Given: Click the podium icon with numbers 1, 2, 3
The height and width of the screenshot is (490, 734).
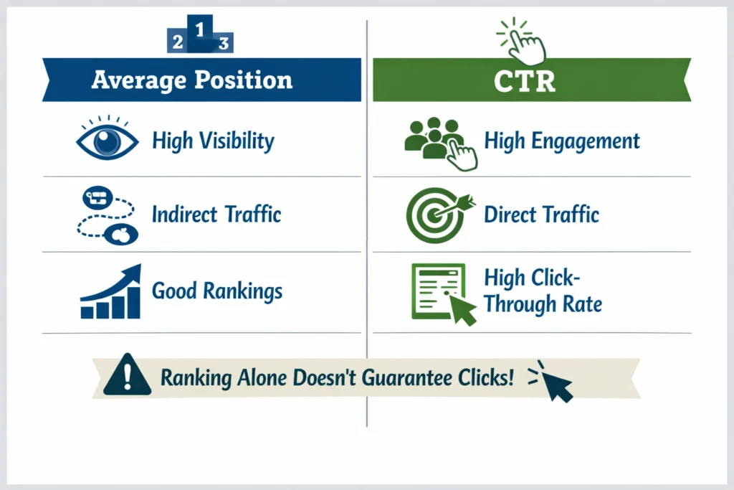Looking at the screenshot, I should (200, 36).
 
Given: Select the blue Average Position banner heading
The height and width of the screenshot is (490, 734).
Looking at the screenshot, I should (192, 80).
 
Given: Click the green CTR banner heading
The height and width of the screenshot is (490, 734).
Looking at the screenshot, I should (525, 80).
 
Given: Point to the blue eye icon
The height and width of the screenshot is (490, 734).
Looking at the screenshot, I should (108, 140).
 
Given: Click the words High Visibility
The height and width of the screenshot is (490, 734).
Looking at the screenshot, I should (213, 141).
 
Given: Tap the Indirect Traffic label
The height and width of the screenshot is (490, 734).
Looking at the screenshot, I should (216, 214).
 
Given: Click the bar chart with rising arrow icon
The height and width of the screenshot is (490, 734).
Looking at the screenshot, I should (110, 292).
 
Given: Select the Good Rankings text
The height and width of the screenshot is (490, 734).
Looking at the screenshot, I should (217, 291).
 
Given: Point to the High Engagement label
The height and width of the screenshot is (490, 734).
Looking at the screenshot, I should (562, 141).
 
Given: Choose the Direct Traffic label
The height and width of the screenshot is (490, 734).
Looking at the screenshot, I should (542, 214).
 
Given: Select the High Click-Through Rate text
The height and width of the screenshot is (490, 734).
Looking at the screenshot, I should (543, 291).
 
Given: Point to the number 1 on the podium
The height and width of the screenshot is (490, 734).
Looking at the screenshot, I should (200, 29).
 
